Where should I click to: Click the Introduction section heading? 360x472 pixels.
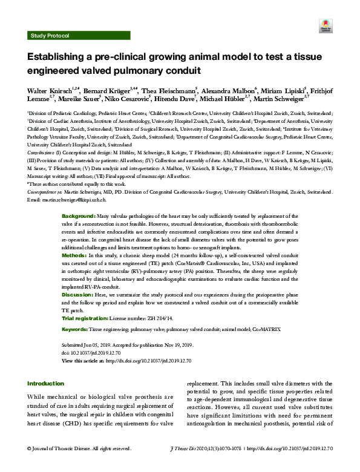point(45,384)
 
